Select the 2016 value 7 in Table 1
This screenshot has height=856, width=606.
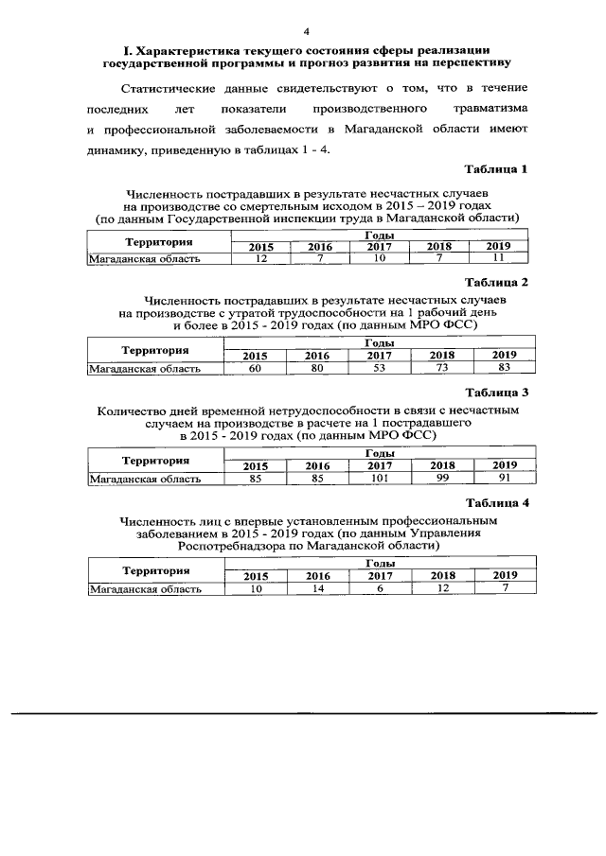coord(320,258)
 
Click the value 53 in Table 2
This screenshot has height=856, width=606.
coord(379,368)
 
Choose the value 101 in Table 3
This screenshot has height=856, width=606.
coord(380,479)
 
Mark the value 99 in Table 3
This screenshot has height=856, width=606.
coord(440,479)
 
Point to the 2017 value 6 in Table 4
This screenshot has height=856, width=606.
coord(380,588)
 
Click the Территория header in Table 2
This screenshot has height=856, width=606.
coord(154,349)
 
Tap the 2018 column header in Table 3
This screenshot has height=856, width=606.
coord(442,465)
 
